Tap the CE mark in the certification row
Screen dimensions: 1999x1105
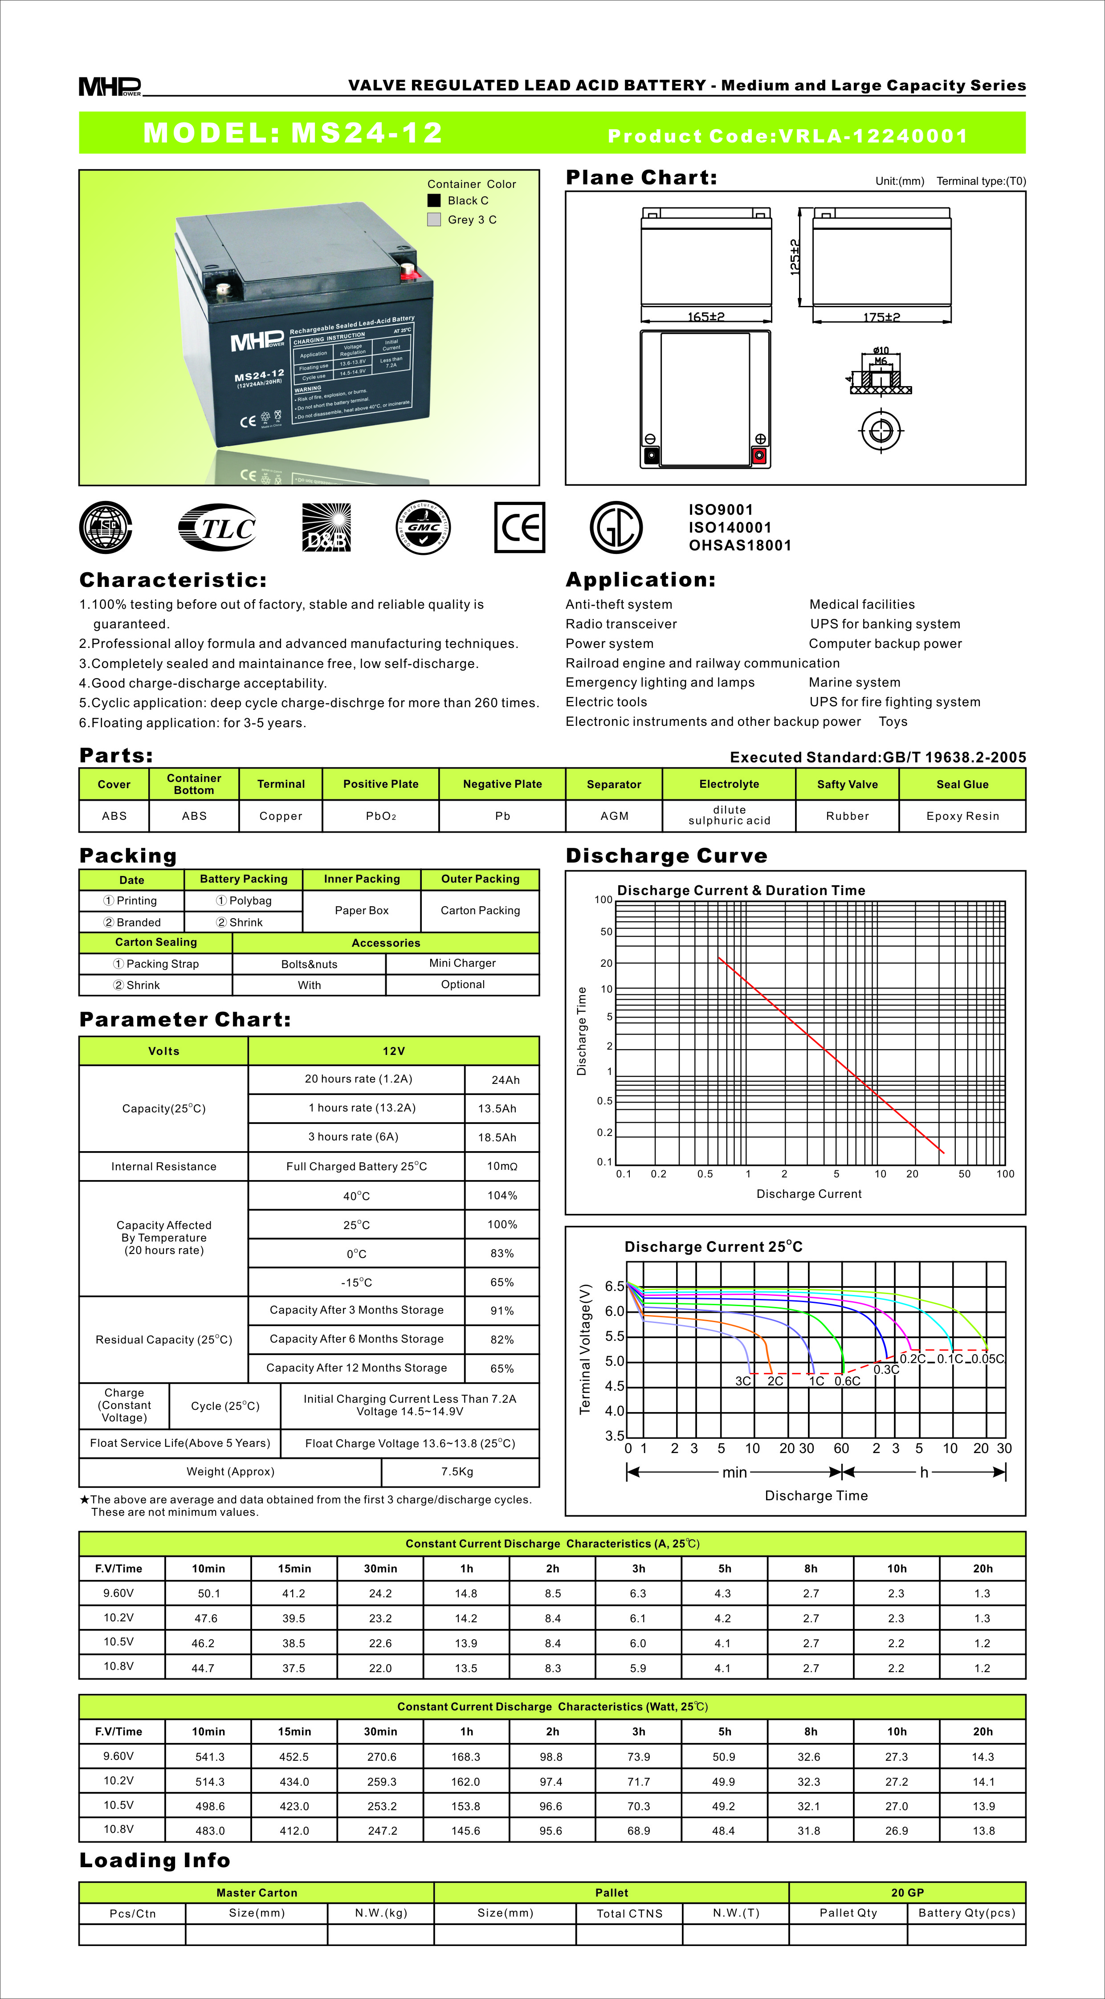519,528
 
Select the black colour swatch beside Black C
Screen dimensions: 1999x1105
434,200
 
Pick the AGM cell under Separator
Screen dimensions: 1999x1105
614,815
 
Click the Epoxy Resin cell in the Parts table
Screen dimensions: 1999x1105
962,815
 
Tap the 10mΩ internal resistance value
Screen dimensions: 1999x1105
502,1166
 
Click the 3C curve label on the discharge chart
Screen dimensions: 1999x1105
742,1380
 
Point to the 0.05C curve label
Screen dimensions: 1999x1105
988,1359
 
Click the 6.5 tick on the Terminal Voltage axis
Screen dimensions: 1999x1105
615,1286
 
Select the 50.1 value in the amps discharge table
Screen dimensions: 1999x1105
209,1593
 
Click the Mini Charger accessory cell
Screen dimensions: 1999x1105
462,963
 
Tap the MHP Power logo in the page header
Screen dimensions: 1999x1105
110,86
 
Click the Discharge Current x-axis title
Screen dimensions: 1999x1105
808,1193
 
